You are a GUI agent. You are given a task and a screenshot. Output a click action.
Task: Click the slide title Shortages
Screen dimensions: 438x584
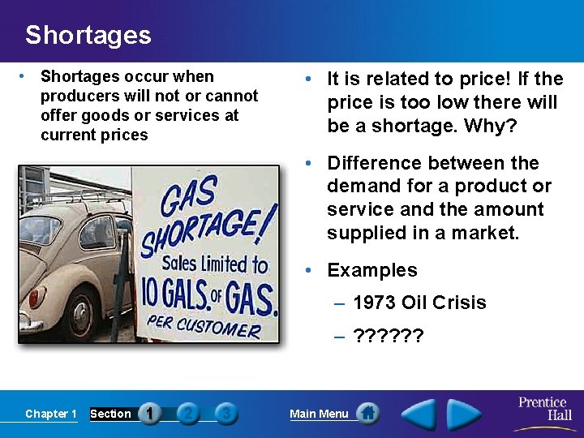[88, 36]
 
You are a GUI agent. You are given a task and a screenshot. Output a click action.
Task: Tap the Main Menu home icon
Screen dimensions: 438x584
[367, 414]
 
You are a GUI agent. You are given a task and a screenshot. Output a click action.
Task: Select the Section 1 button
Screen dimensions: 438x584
[149, 414]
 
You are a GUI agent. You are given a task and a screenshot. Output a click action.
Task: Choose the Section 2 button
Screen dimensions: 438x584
[188, 414]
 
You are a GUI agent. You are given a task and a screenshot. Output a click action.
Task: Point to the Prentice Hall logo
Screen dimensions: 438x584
[545, 409]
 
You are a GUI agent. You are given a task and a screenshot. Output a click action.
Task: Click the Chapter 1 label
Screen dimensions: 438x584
[51, 414]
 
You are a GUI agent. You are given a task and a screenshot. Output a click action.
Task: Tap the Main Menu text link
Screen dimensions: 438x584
[319, 414]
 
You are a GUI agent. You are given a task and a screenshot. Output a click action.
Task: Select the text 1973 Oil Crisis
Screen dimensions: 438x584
[419, 303]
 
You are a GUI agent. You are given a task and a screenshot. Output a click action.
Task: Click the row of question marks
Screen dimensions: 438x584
[389, 335]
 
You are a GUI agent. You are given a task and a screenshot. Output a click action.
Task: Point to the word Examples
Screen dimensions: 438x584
[372, 270]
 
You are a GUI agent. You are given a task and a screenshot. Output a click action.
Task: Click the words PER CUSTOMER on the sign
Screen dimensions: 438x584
[204, 326]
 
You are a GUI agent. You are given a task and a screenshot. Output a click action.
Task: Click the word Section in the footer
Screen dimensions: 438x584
[110, 414]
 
